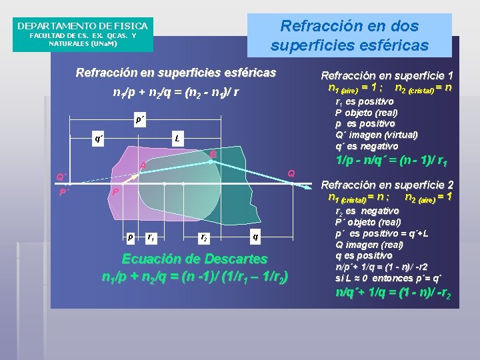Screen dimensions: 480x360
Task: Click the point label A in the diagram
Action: click(142, 165)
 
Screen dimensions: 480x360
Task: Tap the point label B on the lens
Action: click(213, 155)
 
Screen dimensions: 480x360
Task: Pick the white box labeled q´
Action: click(99, 139)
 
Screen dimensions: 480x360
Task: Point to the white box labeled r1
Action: click(152, 237)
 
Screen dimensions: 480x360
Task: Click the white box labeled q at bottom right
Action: click(255, 236)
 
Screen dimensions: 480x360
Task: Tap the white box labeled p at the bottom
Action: click(130, 236)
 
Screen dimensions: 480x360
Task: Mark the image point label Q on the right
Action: click(291, 173)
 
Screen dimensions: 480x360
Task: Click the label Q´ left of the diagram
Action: click(61, 177)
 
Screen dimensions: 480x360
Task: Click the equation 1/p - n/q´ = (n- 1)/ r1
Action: click(392, 161)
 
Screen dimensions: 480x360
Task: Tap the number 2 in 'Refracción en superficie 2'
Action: click(450, 185)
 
